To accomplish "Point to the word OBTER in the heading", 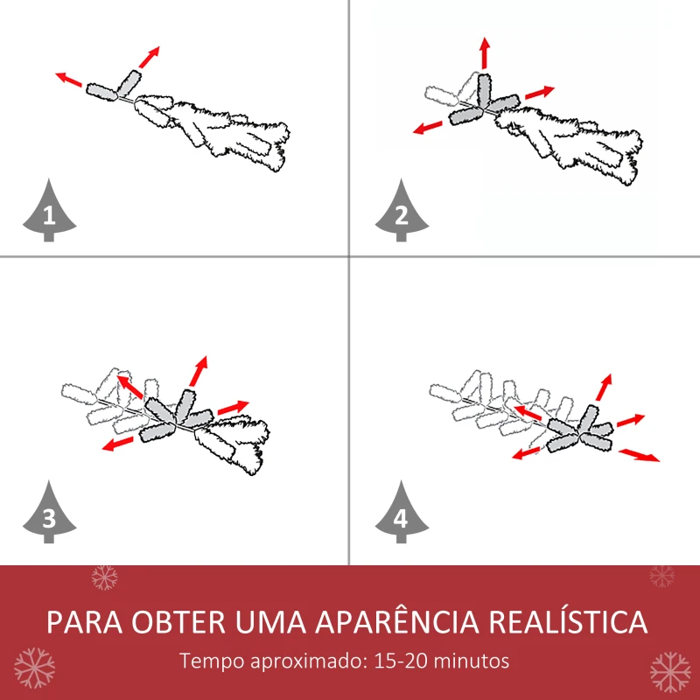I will (180, 622).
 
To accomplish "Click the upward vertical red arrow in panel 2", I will (484, 54).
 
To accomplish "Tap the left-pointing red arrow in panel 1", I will (70, 80).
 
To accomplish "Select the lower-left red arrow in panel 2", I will (428, 128).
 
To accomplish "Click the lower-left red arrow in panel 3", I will (117, 444).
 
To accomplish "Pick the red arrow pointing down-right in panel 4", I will (640, 454).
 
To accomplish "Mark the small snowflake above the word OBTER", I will (105, 577).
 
